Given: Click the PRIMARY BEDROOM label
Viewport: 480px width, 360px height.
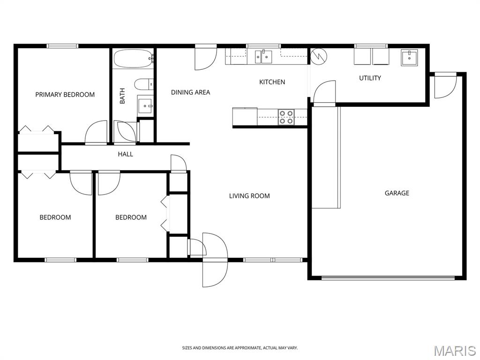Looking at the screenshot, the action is [65, 95].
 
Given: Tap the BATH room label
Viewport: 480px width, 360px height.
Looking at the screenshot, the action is [122, 96].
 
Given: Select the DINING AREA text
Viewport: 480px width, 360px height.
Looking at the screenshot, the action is [190, 92].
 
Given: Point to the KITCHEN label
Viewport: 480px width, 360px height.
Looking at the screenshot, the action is [272, 82].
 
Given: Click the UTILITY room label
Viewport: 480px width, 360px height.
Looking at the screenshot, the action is [370, 78].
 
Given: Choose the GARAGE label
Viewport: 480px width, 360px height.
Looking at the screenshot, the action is [397, 193].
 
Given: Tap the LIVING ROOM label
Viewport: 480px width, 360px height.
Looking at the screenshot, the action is [249, 196].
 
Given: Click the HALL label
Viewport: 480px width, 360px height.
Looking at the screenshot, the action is [126, 154].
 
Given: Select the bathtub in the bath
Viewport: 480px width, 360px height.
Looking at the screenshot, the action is [133, 59].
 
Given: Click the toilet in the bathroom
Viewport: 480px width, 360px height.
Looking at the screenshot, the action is [143, 84].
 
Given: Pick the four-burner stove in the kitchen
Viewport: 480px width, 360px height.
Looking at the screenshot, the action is [286, 117].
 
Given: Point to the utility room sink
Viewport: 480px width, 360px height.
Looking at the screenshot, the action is [409, 58].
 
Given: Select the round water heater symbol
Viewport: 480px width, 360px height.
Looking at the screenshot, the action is [319, 57].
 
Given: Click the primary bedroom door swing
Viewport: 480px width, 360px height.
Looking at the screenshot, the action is [96, 132].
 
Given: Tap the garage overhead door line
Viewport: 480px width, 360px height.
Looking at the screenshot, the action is [388, 277].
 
